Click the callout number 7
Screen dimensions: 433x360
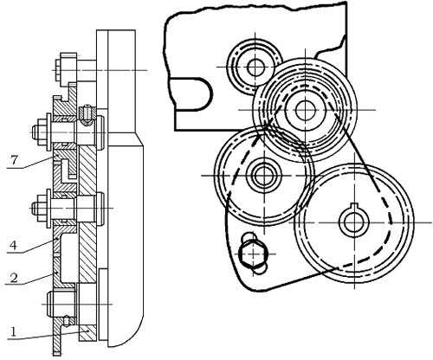[x=14, y=160]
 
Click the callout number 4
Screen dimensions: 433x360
[x=14, y=246]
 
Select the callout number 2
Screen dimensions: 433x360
[x=14, y=278]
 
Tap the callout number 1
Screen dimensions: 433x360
[x=12, y=331]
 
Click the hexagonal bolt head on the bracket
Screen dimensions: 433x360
[x=254, y=254]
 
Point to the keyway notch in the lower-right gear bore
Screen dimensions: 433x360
[x=354, y=206]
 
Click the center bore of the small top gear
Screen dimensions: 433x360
[x=255, y=67]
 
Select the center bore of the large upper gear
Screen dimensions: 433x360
[x=305, y=110]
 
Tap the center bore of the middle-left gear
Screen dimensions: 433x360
[x=264, y=175]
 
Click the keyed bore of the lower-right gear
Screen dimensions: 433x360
[x=354, y=222]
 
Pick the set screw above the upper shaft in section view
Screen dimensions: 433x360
[x=86, y=114]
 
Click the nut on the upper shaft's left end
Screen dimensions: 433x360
[x=41, y=132]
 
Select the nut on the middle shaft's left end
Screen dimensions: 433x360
[x=41, y=208]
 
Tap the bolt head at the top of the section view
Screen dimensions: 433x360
[x=66, y=70]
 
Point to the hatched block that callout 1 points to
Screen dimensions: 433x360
[x=87, y=333]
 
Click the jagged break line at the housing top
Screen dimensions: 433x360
[x=255, y=10]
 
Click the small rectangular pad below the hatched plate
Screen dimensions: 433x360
[x=103, y=304]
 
